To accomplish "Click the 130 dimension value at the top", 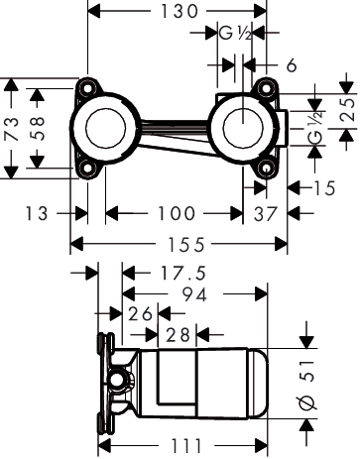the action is tap(179, 12).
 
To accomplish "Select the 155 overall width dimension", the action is tap(186, 245).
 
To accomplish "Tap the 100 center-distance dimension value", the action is tap(177, 213).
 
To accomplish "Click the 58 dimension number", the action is tap(37, 128).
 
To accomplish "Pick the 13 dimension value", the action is tap(37, 213).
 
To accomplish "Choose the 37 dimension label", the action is tap(266, 214).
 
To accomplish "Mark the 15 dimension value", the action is tap(324, 188).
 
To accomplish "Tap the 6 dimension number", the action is tap(292, 65).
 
